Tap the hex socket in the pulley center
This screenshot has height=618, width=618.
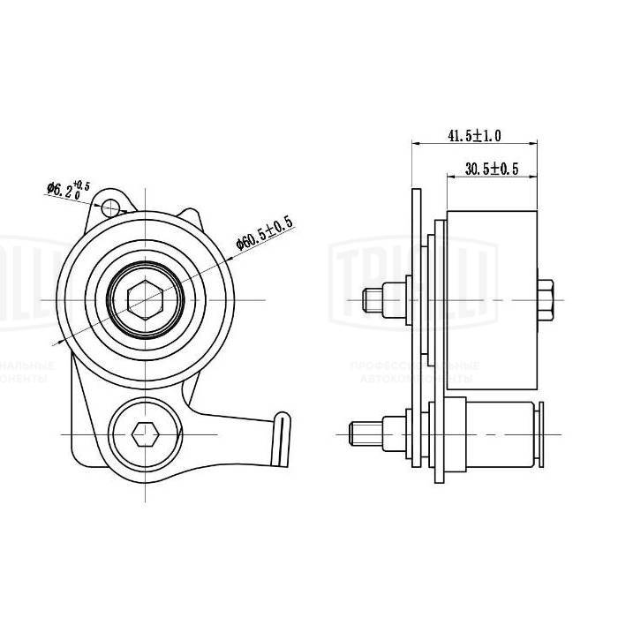point(144,300)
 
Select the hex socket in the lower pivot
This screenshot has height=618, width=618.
point(144,434)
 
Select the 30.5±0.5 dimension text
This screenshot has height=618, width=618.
point(492,169)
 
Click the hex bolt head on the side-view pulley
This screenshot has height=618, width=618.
point(546,300)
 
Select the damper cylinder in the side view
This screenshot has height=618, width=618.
point(499,434)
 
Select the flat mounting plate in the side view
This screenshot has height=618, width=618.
point(418,335)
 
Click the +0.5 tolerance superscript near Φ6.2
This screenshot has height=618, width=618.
point(82,184)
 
